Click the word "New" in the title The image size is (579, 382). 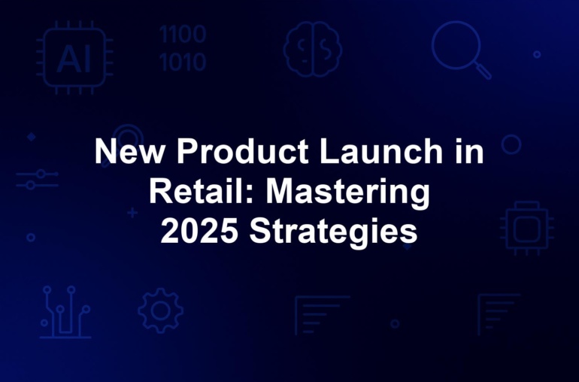click(129, 150)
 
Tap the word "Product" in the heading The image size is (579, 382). click(243, 150)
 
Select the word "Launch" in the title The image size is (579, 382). click(380, 150)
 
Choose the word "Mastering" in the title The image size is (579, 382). click(348, 194)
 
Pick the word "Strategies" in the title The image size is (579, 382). click(333, 234)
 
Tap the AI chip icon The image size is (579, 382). click(74, 58)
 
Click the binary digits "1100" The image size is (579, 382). click(183, 35)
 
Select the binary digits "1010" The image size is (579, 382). click(183, 62)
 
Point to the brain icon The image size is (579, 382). click(312, 49)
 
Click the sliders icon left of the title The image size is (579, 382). click(37, 179)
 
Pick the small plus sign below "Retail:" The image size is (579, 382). click(132, 213)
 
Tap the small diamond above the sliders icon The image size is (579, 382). click(32, 137)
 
